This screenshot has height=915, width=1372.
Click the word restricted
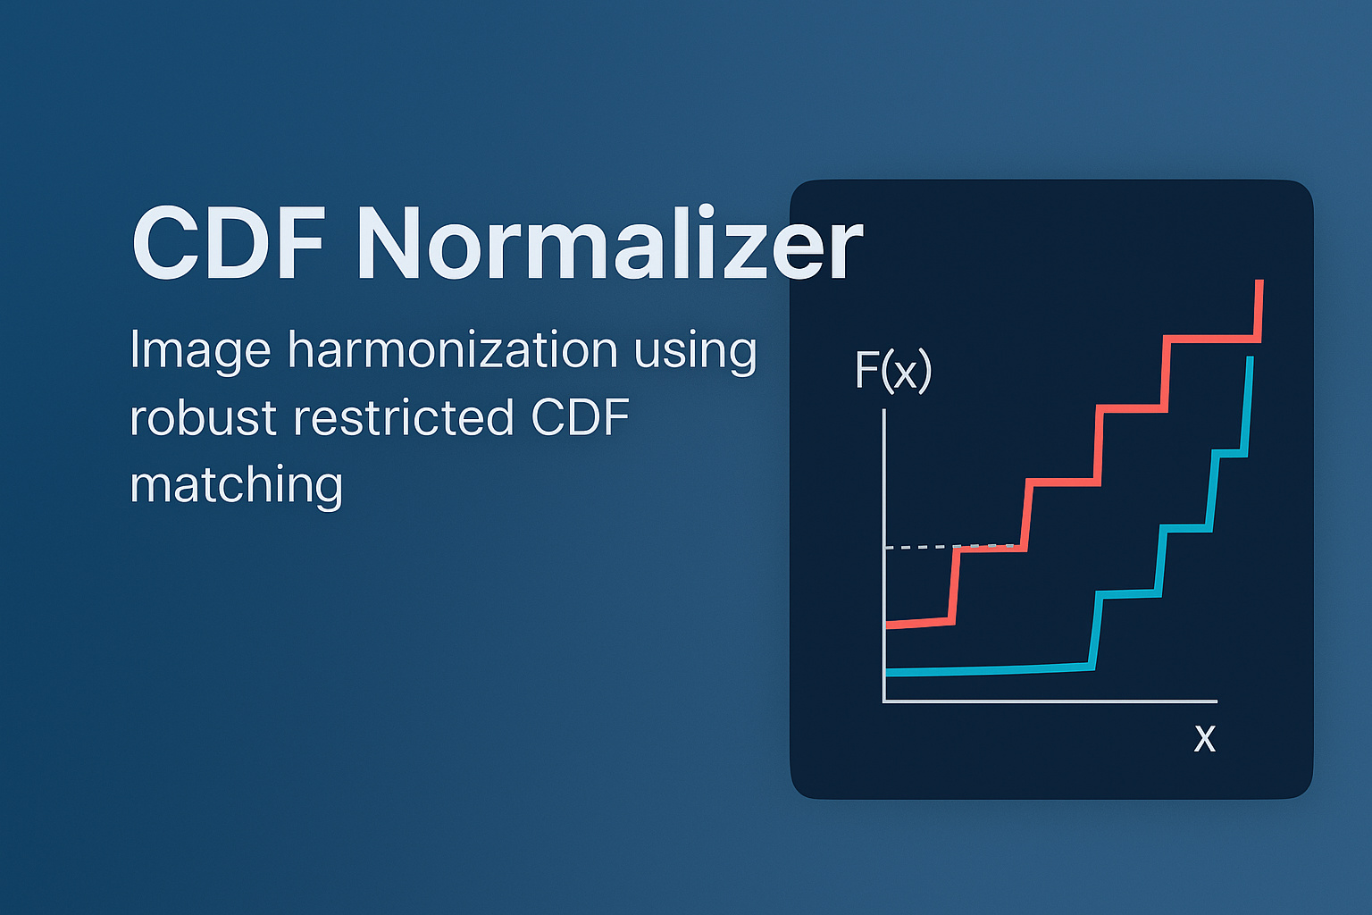pos(404,417)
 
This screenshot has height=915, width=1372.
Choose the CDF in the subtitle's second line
pos(581,417)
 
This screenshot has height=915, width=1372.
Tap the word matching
pos(236,485)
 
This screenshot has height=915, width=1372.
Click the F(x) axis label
pos(892,370)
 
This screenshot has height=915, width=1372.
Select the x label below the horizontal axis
pos(1205,738)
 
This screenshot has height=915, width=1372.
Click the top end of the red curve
pos(1259,282)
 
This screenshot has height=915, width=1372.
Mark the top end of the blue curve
pos(1251,359)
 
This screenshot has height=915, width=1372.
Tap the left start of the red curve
pos(887,625)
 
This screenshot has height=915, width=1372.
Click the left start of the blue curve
pos(887,671)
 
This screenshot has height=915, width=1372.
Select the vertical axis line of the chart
pos(883,554)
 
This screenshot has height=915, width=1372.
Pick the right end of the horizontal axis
pos(1216,701)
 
